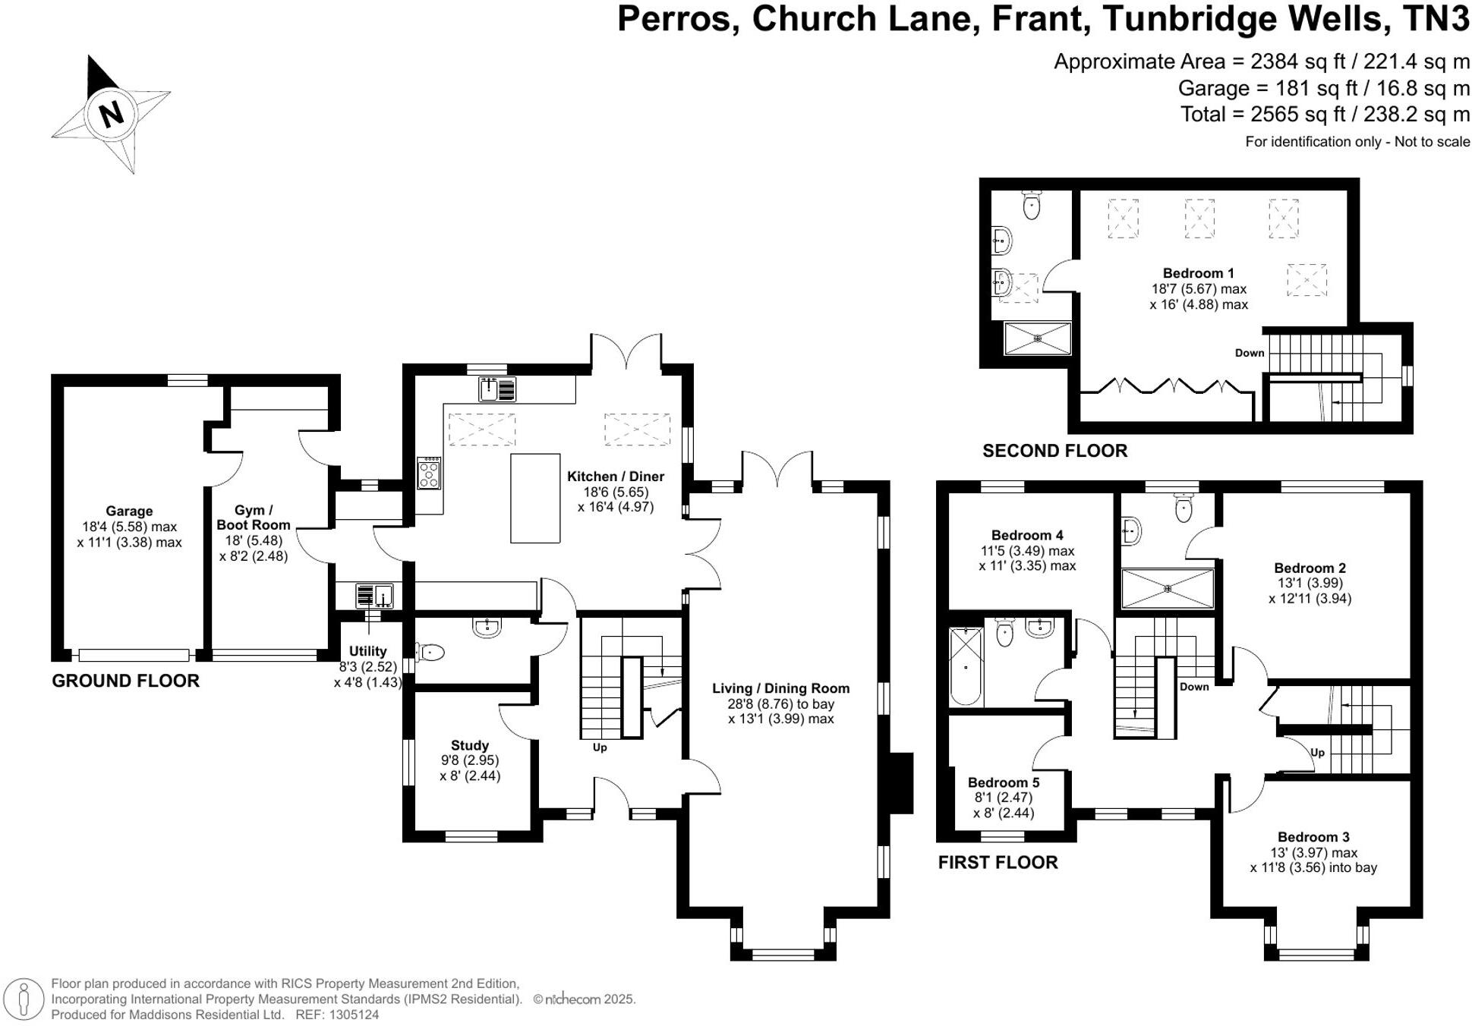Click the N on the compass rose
tap(112, 115)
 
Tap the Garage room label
tap(129, 511)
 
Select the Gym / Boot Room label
tap(253, 518)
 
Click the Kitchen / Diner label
tap(615, 477)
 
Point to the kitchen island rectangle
tap(535, 498)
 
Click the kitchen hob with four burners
tap(429, 474)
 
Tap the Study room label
tap(469, 745)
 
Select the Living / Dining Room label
tap(780, 688)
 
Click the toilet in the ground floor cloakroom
tap(430, 651)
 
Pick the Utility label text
tap(367, 651)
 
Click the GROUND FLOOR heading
tap(125, 681)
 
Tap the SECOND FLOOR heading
tap(1054, 451)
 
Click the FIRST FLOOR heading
tap(998, 862)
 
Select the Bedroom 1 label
tap(1198, 273)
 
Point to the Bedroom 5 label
tap(1003, 782)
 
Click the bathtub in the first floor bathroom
tap(966, 666)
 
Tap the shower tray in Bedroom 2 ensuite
tap(1167, 588)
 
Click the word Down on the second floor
tap(1249, 353)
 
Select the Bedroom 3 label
tap(1313, 837)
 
